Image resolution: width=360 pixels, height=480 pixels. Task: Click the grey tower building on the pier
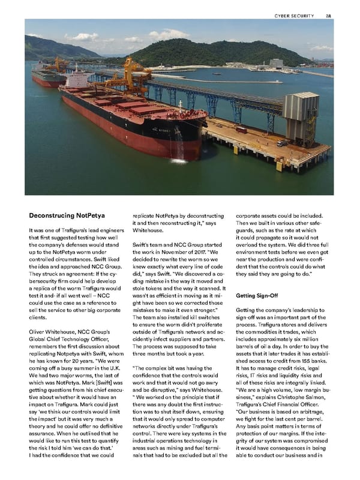point(300,116)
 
